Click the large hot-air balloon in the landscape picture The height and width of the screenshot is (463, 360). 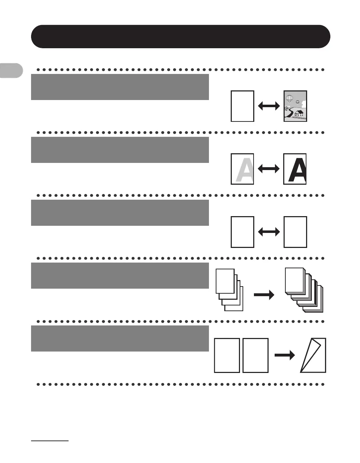point(290,98)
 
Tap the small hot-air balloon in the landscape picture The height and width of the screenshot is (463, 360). point(297,102)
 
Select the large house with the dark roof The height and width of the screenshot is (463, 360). point(299,113)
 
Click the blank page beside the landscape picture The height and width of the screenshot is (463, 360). point(242,106)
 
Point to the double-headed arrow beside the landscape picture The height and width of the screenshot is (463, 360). point(269,106)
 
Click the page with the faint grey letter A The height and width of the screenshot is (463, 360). point(242,169)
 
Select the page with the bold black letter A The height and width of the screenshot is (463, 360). point(295,169)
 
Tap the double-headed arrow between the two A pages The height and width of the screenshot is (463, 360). point(269,169)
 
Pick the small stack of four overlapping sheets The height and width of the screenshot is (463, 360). point(229,290)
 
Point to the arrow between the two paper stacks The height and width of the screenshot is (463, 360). point(264,295)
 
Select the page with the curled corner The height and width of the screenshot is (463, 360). point(314,355)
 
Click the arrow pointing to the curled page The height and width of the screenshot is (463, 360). point(285,355)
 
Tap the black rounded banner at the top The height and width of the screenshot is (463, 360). point(180,36)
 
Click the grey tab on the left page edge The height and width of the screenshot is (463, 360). point(11,70)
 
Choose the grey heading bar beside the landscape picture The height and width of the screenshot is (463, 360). point(120,87)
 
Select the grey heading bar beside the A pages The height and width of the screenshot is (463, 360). point(120,150)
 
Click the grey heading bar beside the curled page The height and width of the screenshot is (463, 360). point(120,338)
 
